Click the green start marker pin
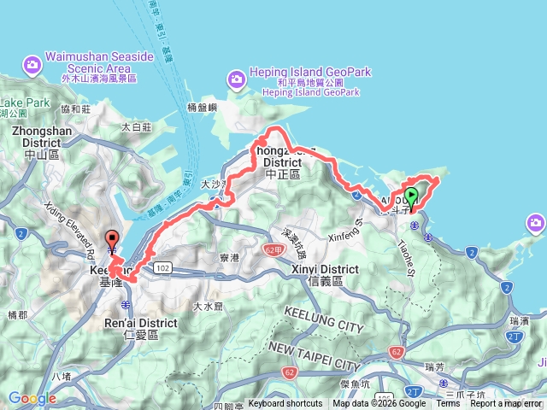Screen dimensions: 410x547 pyautogui.click(x=411, y=197)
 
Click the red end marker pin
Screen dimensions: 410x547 pyautogui.click(x=111, y=240)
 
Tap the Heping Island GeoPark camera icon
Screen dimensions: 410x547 pyautogui.click(x=236, y=79)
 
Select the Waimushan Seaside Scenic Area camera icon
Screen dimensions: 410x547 pyautogui.click(x=32, y=63)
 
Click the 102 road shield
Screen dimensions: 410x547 pyautogui.click(x=162, y=268)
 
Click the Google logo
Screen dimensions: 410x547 pyautogui.click(x=32, y=398)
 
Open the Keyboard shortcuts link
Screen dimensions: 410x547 pyautogui.click(x=285, y=404)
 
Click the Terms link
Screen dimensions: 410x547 pyautogui.click(x=448, y=404)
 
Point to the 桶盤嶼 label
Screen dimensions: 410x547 pyautogui.click(x=203, y=108)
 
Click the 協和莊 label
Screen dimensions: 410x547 pyautogui.click(x=76, y=108)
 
